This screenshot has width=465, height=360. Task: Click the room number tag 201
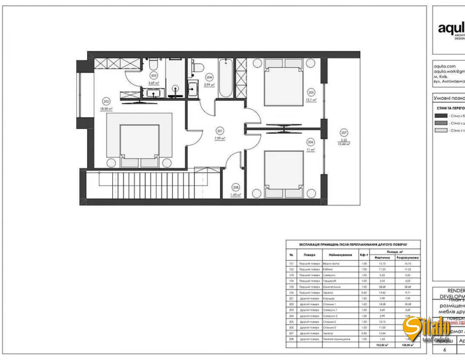click(x=219, y=131)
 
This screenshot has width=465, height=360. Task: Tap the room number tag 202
click(x=106, y=102)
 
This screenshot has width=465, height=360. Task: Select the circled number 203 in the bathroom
click(x=154, y=76)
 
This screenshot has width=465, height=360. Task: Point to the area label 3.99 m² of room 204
click(x=209, y=85)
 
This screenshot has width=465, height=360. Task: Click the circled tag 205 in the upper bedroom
click(x=311, y=92)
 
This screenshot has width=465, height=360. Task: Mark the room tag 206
click(x=311, y=142)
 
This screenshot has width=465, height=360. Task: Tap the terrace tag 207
click(x=344, y=133)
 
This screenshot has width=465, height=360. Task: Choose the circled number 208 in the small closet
click(x=236, y=188)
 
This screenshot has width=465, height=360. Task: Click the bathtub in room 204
click(x=225, y=78)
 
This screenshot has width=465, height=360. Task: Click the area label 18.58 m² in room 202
click(x=106, y=109)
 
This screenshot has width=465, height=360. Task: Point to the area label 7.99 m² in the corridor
click(x=219, y=138)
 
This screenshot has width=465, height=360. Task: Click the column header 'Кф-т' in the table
click(x=364, y=255)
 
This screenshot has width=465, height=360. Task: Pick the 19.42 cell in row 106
click(x=382, y=292)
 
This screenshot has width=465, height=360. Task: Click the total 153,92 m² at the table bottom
click(x=382, y=345)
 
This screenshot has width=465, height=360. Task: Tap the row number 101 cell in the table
click(x=291, y=264)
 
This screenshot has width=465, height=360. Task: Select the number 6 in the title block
click(x=445, y=349)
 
